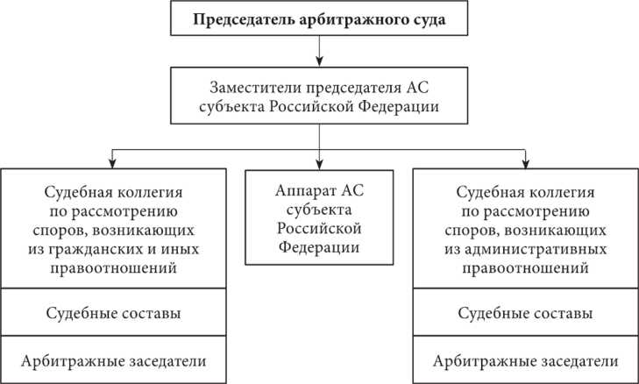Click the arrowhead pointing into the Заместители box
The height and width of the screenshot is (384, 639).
click(320, 63)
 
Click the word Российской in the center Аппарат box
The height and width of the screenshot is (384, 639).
click(319, 230)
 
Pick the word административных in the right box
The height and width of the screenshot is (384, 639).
click(534, 249)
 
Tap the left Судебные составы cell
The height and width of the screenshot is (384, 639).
click(111, 313)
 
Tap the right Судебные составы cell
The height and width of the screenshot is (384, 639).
click(525, 313)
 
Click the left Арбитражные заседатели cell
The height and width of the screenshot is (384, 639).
click(111, 360)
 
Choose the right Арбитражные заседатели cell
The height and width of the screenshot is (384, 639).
click(525, 360)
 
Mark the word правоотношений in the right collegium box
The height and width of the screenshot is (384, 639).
click(525, 267)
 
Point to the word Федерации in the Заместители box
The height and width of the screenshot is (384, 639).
click(402, 107)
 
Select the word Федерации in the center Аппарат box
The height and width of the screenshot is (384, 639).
click(319, 248)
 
